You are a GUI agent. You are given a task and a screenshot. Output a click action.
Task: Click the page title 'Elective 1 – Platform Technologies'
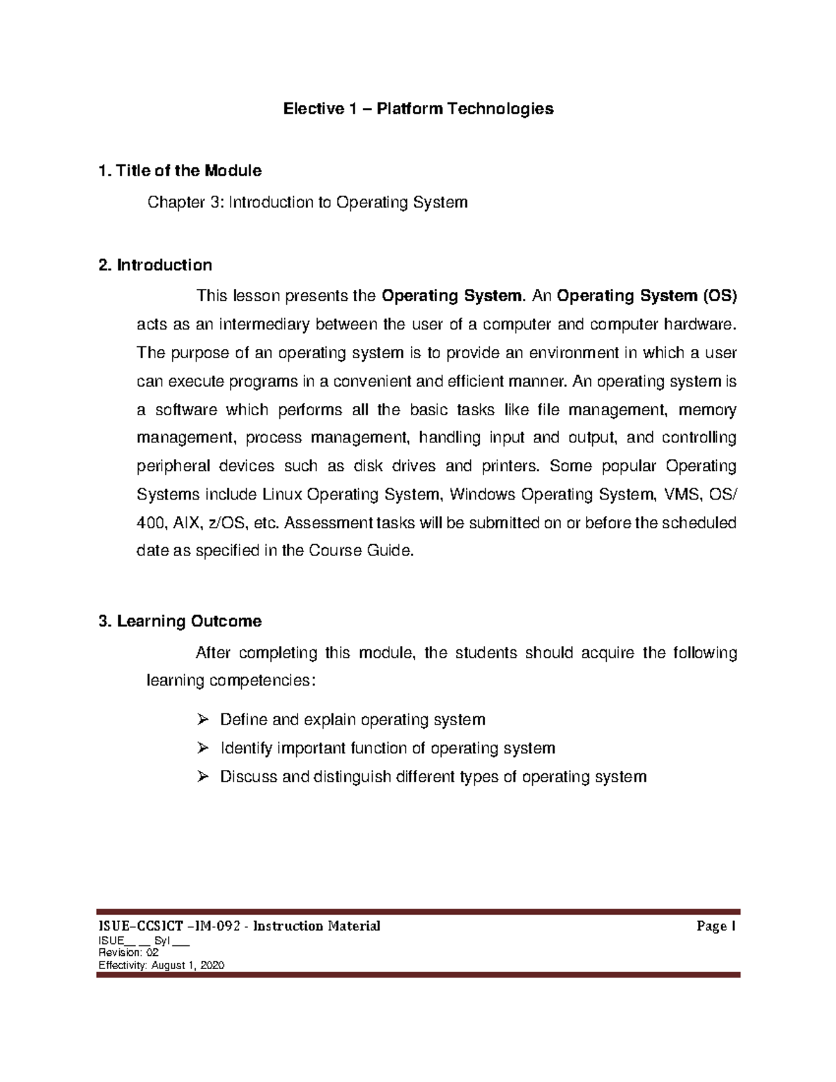point(417,109)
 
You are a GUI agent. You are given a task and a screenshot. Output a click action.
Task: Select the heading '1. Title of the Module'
point(180,171)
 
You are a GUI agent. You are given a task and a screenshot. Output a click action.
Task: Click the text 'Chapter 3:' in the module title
point(185,203)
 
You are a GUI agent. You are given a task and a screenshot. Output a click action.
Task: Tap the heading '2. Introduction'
point(155,265)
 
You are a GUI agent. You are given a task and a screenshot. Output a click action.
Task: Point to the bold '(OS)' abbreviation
point(718,296)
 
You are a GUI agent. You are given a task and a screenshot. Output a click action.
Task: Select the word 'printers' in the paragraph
point(509,466)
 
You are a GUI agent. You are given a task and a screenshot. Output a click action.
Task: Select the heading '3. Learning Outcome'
point(180,621)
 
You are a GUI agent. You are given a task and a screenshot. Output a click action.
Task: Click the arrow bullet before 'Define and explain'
point(203,720)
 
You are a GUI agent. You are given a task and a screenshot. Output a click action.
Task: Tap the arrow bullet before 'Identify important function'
point(203,748)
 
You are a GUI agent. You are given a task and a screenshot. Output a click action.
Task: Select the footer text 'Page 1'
point(715,927)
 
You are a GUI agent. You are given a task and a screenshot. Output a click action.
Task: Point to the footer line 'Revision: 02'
point(128,953)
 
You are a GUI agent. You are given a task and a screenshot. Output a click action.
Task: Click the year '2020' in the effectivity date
point(211,966)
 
